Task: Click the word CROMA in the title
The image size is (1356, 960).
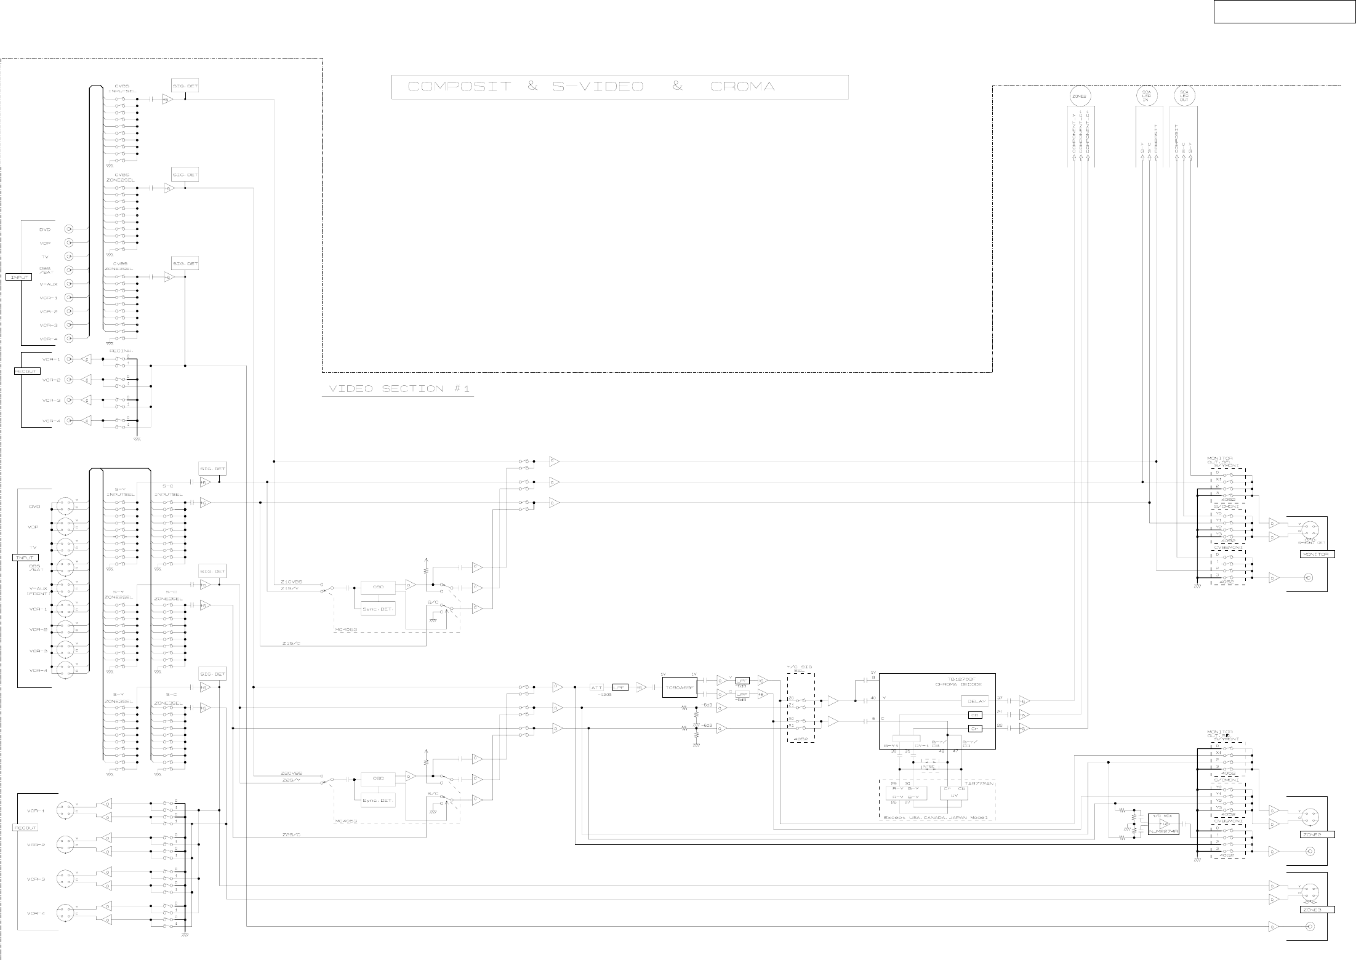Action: (x=742, y=87)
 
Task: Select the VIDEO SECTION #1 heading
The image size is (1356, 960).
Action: (x=397, y=389)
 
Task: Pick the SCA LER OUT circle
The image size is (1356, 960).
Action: (x=1184, y=96)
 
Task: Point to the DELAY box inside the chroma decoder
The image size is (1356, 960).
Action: (x=977, y=702)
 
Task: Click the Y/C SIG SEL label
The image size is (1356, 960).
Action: (x=799, y=669)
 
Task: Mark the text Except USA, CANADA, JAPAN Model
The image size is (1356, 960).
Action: (x=936, y=818)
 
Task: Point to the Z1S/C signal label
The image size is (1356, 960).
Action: (x=291, y=643)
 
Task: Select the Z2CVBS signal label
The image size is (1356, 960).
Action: (x=292, y=774)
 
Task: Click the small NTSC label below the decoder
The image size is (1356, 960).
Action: (x=929, y=766)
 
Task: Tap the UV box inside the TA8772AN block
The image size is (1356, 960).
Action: (x=954, y=796)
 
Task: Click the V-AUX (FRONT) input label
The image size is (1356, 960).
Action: (x=39, y=591)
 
